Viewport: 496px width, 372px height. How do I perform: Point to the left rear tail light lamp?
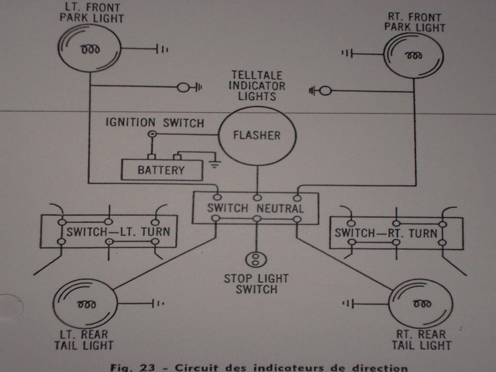tap(86, 304)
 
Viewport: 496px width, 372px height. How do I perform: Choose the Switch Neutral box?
tap(255, 208)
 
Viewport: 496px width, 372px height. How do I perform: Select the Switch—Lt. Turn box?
tap(109, 234)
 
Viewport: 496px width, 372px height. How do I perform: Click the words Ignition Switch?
tap(154, 123)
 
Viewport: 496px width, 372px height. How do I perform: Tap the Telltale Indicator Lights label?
tap(257, 86)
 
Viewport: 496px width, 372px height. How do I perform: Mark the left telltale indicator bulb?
tap(183, 87)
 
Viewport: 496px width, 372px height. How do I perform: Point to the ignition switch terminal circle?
tap(153, 135)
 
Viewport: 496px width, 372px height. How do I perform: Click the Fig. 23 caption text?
tap(259, 367)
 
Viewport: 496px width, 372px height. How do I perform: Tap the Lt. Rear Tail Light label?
tap(83, 340)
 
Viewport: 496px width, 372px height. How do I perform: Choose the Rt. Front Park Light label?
tap(416, 22)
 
